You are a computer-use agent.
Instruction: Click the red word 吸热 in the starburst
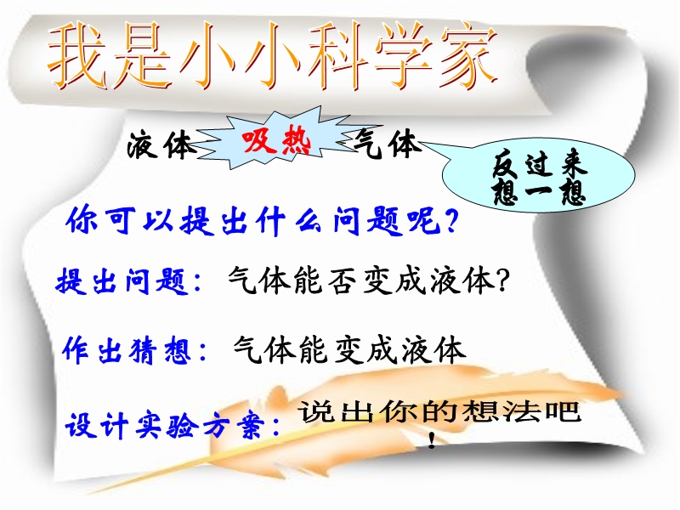pos(277,141)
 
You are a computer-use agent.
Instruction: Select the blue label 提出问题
pos(122,281)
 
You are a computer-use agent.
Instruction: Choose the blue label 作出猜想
pos(127,350)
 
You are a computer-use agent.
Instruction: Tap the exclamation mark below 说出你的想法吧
pos(432,440)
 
